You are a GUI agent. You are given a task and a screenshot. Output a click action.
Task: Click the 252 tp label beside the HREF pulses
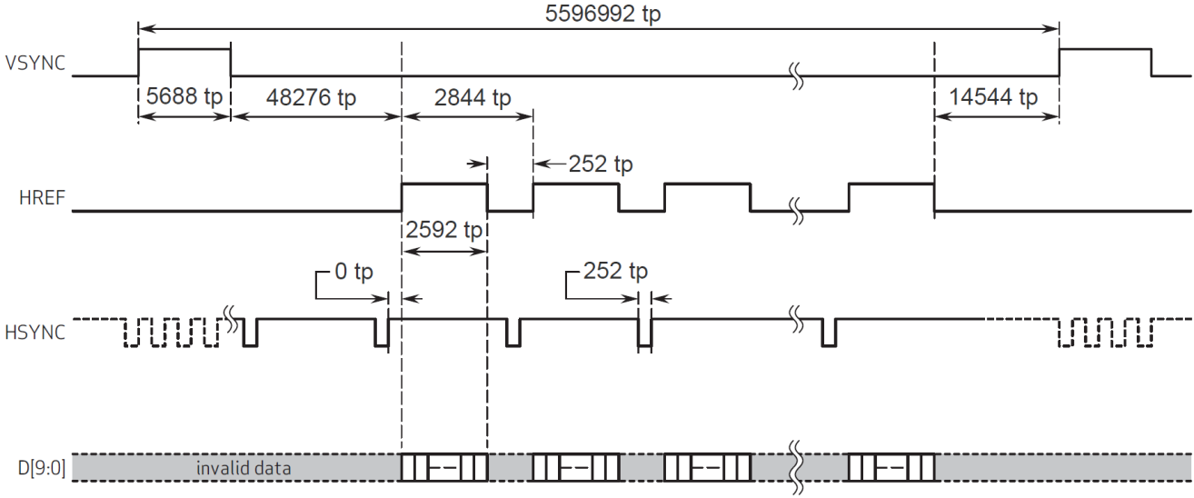tap(600, 164)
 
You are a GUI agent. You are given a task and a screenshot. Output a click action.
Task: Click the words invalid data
tap(239, 468)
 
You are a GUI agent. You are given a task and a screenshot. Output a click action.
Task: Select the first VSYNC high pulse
tap(184, 50)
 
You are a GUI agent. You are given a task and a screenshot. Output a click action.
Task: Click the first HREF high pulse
tap(444, 184)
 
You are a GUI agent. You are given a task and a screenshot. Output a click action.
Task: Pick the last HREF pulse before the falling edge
tap(891, 184)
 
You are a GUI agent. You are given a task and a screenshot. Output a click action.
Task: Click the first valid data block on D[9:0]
tap(444, 467)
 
